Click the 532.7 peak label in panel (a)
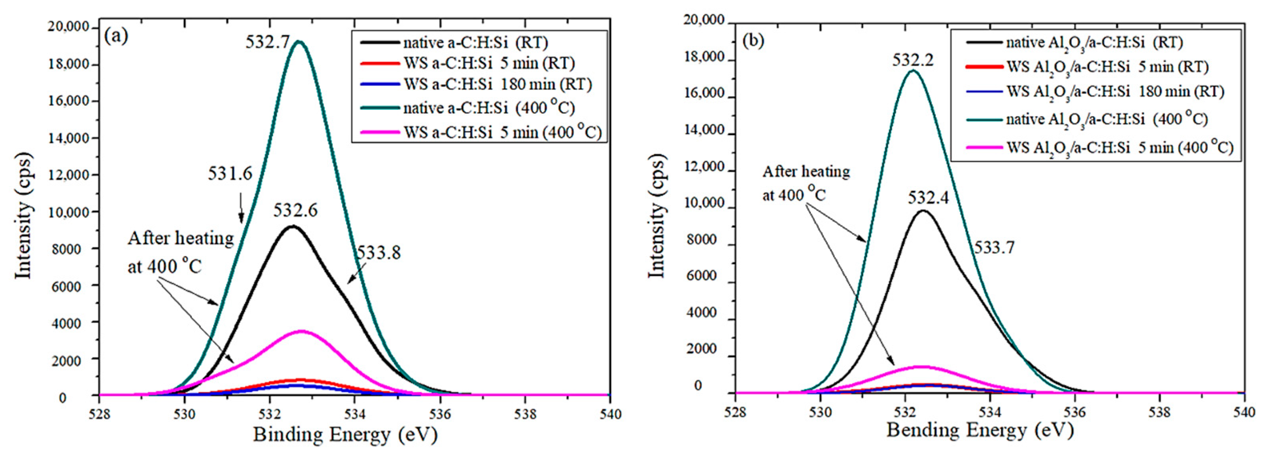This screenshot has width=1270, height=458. (268, 42)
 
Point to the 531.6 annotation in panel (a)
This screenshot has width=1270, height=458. (230, 173)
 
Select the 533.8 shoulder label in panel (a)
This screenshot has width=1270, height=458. (379, 252)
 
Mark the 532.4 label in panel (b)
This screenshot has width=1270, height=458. (928, 198)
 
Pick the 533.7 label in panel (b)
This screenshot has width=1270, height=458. (994, 247)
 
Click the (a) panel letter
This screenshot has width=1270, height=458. (117, 36)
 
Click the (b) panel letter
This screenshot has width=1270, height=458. (753, 41)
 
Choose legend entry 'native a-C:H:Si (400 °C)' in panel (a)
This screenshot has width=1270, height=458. (488, 107)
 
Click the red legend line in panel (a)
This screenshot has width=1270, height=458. (379, 63)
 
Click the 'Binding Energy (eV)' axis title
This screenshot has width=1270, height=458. (345, 435)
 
